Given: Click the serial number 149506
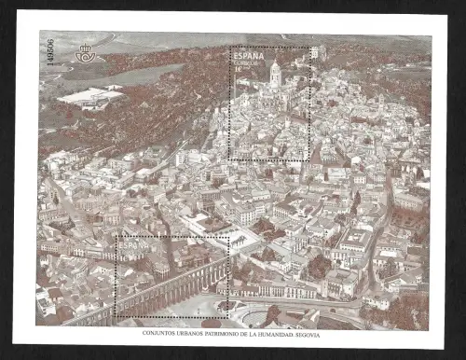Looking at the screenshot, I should (x=49, y=60).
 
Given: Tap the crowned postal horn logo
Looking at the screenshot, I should (x=85, y=54).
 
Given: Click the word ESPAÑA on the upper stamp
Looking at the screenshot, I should (x=248, y=57).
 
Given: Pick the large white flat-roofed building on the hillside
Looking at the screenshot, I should (x=90, y=96).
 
